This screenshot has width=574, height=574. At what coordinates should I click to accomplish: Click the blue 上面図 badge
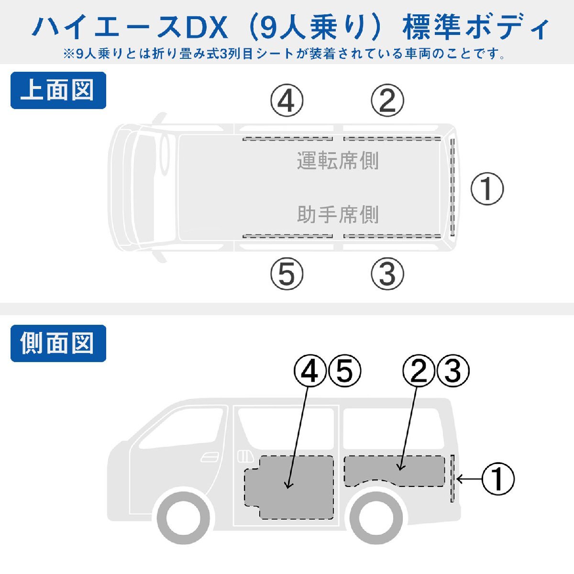[x=58, y=90]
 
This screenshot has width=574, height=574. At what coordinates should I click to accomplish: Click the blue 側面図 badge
[x=58, y=343]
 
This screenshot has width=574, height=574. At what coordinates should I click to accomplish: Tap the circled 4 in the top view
[x=287, y=100]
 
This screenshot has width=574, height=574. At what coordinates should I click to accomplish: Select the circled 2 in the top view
[x=387, y=100]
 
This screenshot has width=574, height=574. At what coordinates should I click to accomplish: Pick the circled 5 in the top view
[x=287, y=274]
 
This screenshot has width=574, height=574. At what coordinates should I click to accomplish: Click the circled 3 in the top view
[x=387, y=274]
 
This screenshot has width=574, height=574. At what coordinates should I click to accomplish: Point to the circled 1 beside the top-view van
[x=487, y=188]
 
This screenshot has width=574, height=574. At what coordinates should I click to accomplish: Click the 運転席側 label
[x=338, y=161]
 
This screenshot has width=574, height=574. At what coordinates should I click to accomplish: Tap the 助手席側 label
[x=338, y=214]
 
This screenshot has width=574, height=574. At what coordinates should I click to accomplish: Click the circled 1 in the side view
[x=498, y=479]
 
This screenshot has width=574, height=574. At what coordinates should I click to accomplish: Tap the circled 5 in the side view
[x=344, y=371]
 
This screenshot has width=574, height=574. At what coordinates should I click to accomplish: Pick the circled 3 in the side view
[x=453, y=371]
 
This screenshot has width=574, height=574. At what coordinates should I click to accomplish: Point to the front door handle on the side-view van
[x=210, y=457]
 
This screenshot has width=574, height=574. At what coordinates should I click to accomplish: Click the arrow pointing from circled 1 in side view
[x=469, y=479]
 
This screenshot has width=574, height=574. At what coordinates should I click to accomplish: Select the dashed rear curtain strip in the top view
[x=452, y=188]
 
